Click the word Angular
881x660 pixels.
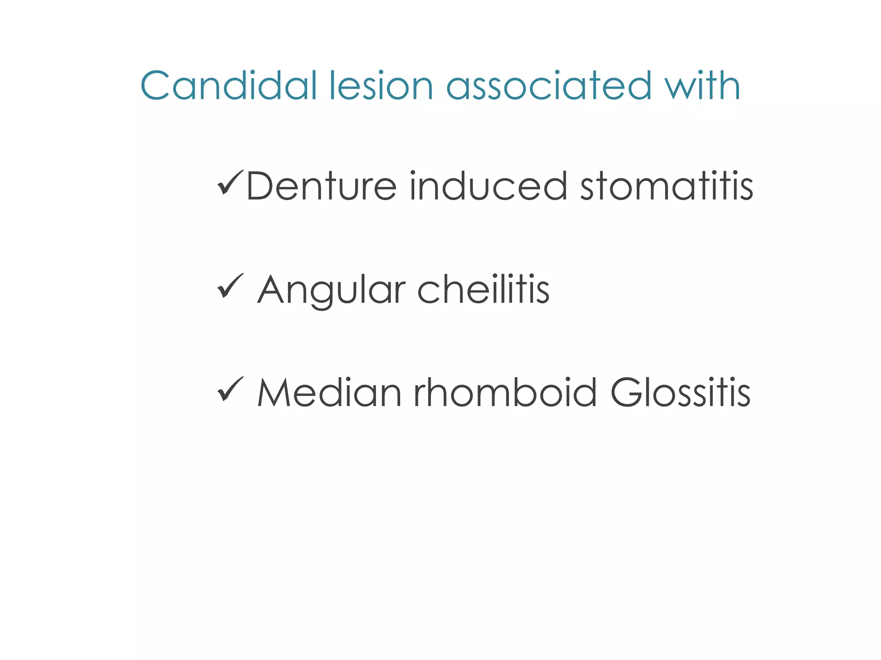(332, 290)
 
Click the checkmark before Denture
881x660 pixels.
(230, 183)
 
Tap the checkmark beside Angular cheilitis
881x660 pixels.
(230, 286)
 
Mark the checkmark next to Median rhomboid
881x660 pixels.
(230, 389)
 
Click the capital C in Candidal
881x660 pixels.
(155, 86)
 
